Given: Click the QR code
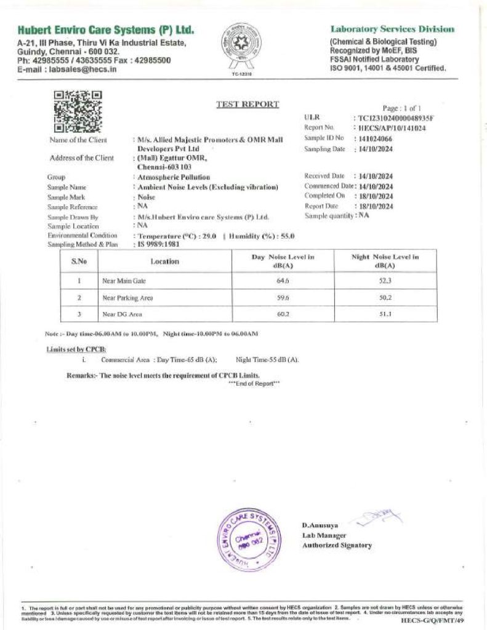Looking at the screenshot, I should [78, 111].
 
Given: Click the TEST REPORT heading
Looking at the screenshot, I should [248, 104].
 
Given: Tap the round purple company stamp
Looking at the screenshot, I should [249, 533].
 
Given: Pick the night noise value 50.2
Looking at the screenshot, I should [385, 297].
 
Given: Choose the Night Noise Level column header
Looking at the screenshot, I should [385, 261].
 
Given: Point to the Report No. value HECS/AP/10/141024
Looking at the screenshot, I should [392, 128].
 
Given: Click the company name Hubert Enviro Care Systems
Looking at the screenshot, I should [106, 30].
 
